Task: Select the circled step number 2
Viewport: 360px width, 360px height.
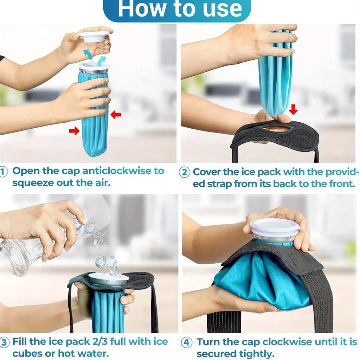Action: [x=185, y=172]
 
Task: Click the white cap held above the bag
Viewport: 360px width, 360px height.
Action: [x=94, y=36]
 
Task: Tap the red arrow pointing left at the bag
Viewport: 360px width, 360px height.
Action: [x=115, y=115]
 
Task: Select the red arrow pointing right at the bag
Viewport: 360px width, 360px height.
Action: [x=74, y=131]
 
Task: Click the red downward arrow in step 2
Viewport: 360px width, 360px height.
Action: [x=293, y=110]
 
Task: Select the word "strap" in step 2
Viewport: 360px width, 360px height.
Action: [x=220, y=184]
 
